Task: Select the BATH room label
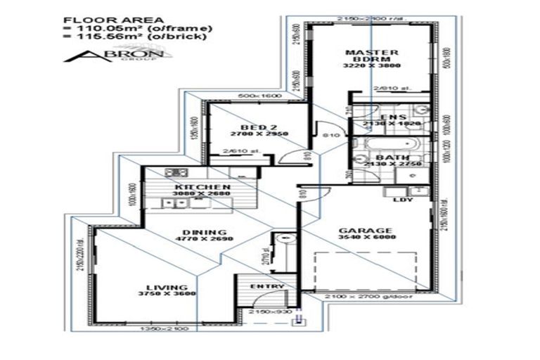click(388, 157)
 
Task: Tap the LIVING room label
click(167, 287)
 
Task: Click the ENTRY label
click(266, 286)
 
